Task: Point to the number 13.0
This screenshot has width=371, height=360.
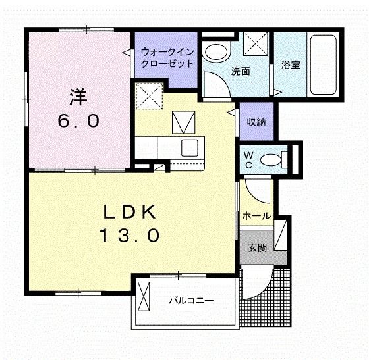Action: [x=129, y=235]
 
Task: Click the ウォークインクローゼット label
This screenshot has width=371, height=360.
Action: [x=166, y=58]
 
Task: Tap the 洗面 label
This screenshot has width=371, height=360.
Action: [x=240, y=71]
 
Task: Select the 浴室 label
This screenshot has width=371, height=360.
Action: [x=291, y=65]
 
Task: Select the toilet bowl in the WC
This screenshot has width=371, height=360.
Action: [x=271, y=159]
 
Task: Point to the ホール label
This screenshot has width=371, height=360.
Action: [x=255, y=215]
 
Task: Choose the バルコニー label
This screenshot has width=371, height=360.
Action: [x=190, y=301]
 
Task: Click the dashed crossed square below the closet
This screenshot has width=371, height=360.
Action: [x=150, y=97]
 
